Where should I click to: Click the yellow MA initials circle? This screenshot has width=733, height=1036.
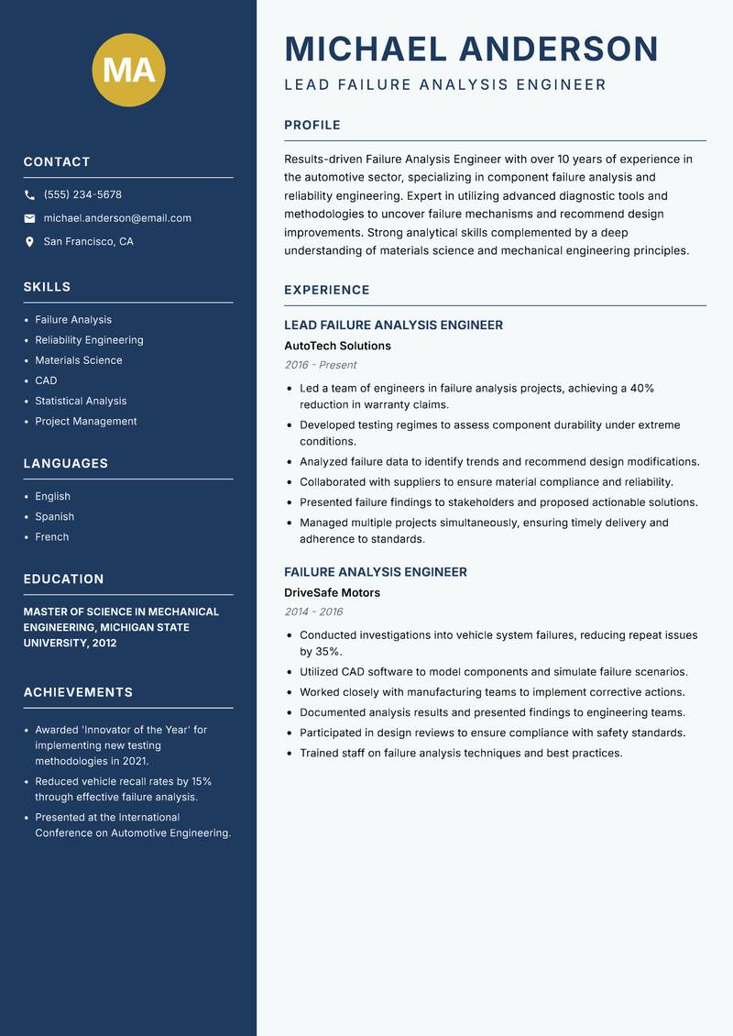coord(129,70)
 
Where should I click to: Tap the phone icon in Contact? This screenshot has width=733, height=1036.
coord(29,195)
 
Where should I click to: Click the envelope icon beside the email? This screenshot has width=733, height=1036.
coord(29,218)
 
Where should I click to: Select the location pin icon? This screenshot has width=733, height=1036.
coord(29,242)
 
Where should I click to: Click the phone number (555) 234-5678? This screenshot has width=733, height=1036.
coord(82,195)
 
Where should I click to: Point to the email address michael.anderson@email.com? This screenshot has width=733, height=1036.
coord(117,218)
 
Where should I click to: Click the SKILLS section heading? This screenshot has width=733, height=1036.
coord(47,287)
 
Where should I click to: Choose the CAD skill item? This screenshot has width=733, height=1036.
coord(46,380)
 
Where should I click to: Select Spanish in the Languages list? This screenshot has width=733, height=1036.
coord(54,517)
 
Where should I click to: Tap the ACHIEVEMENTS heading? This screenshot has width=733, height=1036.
coord(78,692)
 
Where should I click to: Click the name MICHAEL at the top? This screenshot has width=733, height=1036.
coord(366,49)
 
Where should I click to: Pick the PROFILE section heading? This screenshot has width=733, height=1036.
coord(312,126)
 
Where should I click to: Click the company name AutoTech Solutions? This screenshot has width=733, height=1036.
coord(337,347)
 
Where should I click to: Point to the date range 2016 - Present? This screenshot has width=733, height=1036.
coord(320,365)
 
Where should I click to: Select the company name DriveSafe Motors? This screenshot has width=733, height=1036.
coord(332,593)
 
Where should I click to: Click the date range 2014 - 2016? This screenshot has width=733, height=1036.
coord(313,612)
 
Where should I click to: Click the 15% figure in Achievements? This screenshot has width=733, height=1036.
coord(201,782)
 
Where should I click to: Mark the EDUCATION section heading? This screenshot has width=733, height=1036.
coord(63,579)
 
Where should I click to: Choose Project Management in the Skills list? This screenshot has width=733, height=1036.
coord(86,422)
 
